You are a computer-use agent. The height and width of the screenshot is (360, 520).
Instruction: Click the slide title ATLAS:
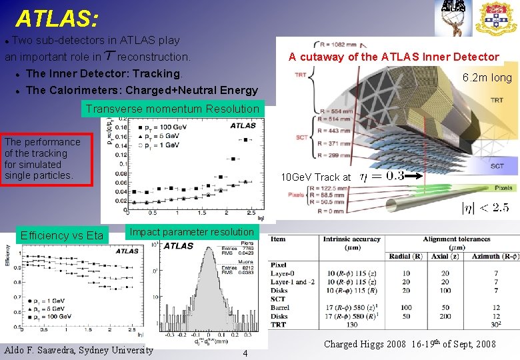(x=57, y=18)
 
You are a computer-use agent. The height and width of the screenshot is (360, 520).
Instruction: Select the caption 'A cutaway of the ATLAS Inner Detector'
(x=393, y=57)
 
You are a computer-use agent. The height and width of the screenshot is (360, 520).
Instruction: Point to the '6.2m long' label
(x=487, y=78)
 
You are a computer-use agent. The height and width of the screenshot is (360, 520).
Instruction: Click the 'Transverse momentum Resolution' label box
(x=172, y=109)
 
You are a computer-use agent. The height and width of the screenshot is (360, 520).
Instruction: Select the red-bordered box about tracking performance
(x=42, y=159)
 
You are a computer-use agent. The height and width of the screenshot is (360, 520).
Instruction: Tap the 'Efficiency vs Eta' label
(x=62, y=235)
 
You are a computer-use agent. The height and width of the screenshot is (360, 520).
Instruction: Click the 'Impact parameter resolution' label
(x=191, y=232)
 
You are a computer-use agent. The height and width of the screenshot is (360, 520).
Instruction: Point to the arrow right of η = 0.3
(x=413, y=177)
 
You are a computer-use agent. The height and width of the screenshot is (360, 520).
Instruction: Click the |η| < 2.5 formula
(x=485, y=208)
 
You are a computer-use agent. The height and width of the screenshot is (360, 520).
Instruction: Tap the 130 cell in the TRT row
(x=351, y=325)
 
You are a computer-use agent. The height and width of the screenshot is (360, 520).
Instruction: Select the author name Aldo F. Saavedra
(x=78, y=350)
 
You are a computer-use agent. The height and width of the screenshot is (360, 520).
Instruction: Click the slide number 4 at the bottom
(x=245, y=353)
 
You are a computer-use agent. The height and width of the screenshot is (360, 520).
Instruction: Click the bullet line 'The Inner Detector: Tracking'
(x=103, y=73)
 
